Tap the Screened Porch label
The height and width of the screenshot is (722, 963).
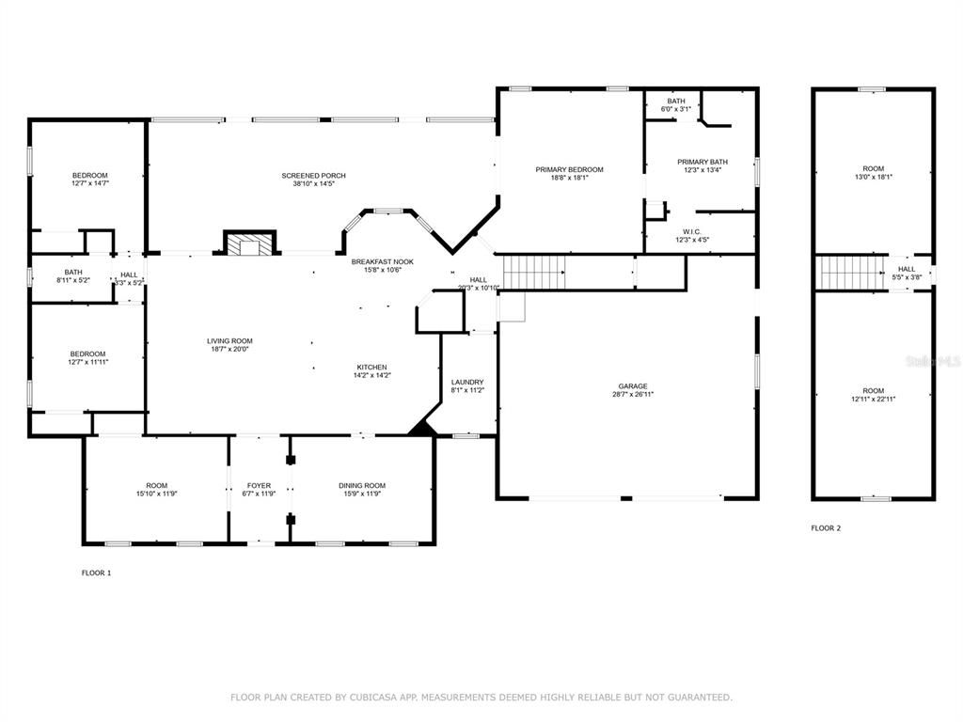click(x=314, y=176)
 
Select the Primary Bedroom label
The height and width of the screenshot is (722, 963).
click(x=570, y=169)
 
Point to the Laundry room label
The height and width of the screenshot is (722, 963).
click(x=467, y=382)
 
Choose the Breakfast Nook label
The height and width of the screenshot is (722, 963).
click(x=383, y=261)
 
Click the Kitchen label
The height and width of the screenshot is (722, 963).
click(x=371, y=367)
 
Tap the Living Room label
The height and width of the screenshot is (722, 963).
click(x=230, y=341)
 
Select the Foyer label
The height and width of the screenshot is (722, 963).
click(x=260, y=485)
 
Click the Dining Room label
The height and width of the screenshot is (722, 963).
click(x=362, y=485)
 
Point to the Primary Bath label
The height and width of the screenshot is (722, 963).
click(x=703, y=162)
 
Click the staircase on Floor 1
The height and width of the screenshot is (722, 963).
click(x=533, y=273)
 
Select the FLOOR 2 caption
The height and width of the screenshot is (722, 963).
click(x=826, y=528)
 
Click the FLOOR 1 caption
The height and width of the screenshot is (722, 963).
click(x=96, y=573)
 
